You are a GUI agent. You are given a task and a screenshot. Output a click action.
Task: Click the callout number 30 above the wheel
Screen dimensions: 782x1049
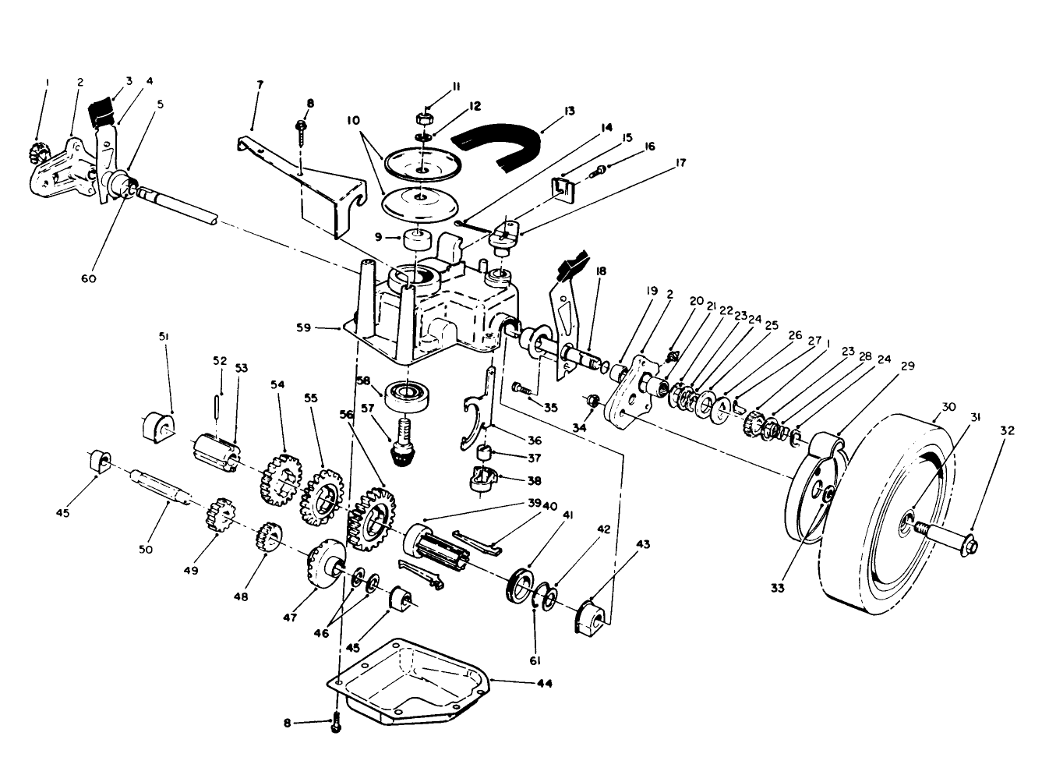pos(948,406)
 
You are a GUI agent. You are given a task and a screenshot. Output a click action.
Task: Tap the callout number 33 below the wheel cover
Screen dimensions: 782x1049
pos(777,589)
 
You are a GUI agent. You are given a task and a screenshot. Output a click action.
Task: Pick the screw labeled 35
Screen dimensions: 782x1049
pos(524,386)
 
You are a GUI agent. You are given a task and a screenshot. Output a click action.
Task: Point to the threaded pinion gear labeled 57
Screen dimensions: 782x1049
pos(402,444)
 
